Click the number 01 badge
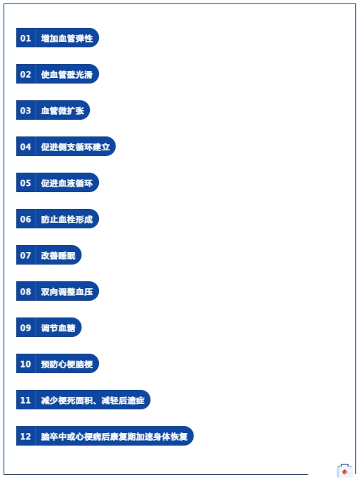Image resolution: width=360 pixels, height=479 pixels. tap(26, 38)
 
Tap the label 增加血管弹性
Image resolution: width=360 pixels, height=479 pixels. tap(67, 38)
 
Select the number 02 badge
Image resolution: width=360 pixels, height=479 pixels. tap(26, 74)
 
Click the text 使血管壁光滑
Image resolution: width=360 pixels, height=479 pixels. tap(67, 74)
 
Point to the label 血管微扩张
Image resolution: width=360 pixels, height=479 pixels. tap(63, 110)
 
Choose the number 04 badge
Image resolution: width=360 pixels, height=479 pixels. tap(26, 146)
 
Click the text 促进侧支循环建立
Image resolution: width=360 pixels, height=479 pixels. tap(75, 147)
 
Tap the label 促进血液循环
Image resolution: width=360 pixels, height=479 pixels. tap(67, 182)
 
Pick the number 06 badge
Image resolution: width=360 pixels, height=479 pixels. tap(26, 219)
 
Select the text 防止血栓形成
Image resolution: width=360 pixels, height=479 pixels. tap(67, 219)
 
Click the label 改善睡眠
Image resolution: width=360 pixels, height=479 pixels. tap(58, 255)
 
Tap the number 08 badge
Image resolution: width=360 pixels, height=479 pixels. tap(26, 291)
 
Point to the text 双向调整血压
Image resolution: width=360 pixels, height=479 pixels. tap(67, 292)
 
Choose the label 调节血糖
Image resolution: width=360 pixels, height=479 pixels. tap(58, 327)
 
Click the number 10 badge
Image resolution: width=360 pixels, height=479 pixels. tap(26, 363)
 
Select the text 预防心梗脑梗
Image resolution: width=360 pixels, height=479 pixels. tap(67, 364)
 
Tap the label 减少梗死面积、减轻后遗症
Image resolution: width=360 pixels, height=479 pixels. tap(93, 400)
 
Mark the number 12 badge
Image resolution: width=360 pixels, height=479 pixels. tap(26, 436)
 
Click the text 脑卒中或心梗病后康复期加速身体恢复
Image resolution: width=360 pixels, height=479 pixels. tap(114, 437)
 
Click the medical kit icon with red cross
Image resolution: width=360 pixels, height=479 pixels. tap(345, 471)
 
